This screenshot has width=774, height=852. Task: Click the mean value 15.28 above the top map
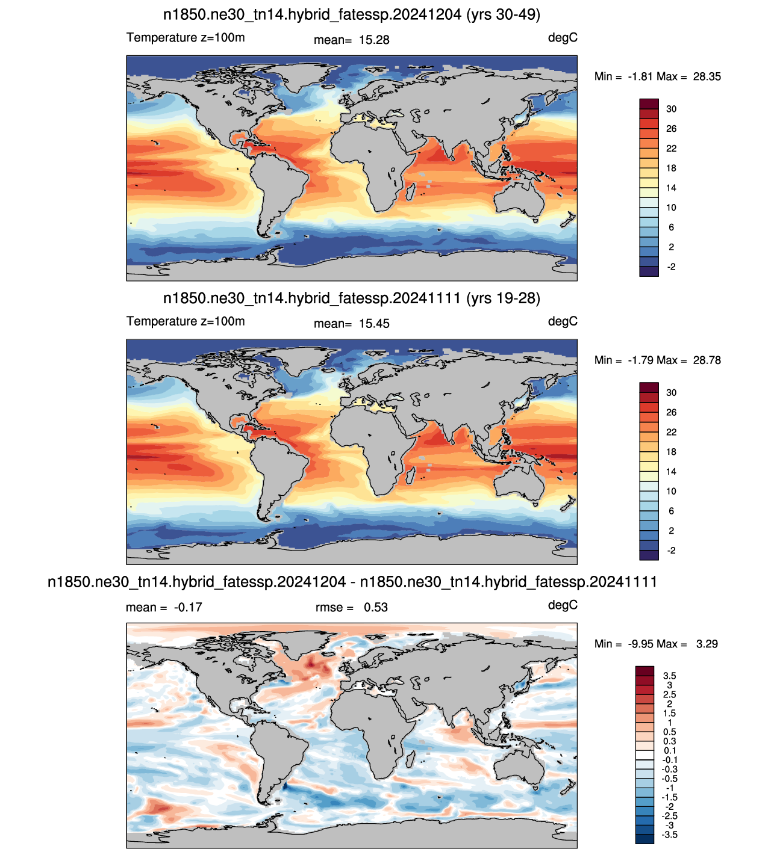(374, 40)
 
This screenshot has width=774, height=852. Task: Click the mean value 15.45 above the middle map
(374, 324)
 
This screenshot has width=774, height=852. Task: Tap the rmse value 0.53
(375, 607)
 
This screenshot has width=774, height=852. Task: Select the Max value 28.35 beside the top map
(707, 76)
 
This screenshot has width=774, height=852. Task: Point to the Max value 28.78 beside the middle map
(707, 360)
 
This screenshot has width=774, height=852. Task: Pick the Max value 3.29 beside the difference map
(707, 644)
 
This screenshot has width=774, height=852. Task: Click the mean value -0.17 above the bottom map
(188, 607)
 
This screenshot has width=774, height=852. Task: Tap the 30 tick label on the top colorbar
(671, 109)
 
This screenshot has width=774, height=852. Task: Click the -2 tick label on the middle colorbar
(671, 551)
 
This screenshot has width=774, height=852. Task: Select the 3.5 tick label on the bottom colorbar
(669, 676)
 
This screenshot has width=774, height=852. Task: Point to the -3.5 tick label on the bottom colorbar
(669, 835)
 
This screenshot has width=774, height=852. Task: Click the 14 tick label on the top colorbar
(671, 188)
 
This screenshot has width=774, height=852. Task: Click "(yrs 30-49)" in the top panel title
(503, 15)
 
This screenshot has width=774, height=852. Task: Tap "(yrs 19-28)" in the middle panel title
(503, 298)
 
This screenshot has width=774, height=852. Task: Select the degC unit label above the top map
(563, 38)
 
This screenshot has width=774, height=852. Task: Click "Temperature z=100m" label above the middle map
(186, 321)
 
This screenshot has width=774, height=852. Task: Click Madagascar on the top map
(410, 193)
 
